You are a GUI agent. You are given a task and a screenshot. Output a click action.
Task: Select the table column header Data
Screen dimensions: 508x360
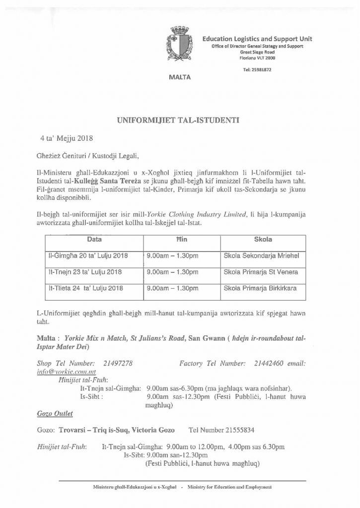tap(95, 239)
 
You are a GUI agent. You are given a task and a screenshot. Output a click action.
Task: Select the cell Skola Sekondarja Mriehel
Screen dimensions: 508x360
tap(262, 255)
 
